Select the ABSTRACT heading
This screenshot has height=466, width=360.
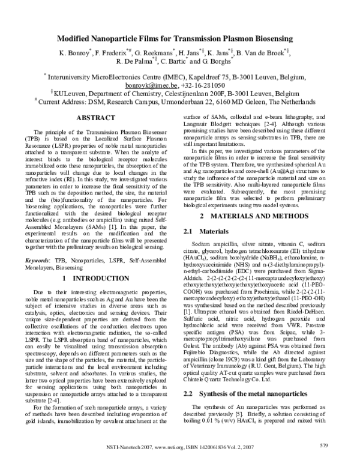pyautogui.click(x=96, y=118)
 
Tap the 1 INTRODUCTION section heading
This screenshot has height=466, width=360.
pyautogui.click(x=96, y=279)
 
